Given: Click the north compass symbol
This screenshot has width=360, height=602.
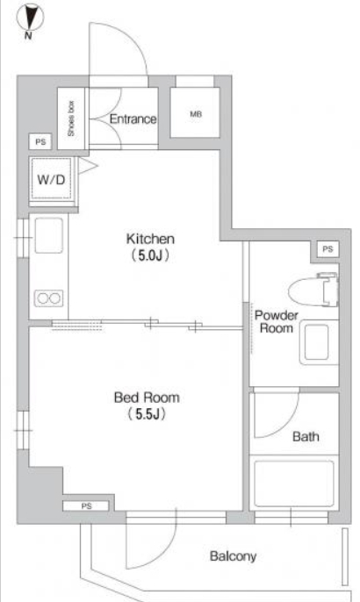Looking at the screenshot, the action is click(x=30, y=17).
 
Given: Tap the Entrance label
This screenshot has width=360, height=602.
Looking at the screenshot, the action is click(x=133, y=119).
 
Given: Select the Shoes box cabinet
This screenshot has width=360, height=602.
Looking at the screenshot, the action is click(x=71, y=118).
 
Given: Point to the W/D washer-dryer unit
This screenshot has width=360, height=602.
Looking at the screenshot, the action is click(x=52, y=179).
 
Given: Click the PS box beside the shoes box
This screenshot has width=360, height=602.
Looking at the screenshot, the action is click(x=40, y=142).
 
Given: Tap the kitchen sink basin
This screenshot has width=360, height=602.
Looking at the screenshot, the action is click(x=49, y=235).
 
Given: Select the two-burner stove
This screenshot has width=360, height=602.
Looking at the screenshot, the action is click(x=49, y=298).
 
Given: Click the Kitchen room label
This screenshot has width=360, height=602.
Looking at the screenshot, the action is click(x=150, y=239).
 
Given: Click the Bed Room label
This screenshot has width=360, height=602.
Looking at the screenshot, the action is click(x=147, y=398).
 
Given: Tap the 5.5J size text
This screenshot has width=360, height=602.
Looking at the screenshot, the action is click(x=147, y=414).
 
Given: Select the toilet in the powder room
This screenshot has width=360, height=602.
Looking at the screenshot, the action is click(x=313, y=290).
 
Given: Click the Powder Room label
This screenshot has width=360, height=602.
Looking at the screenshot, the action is click(x=277, y=322).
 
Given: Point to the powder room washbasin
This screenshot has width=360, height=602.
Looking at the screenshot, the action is click(x=319, y=342).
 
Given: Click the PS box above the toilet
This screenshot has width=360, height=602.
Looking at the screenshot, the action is click(x=328, y=249).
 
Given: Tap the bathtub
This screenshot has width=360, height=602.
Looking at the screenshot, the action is click(x=294, y=484).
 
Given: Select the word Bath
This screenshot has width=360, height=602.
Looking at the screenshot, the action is click(x=306, y=436).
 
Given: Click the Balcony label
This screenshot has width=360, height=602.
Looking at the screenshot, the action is click(x=234, y=556).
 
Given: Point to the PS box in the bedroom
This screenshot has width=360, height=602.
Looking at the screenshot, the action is click(x=86, y=506).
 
